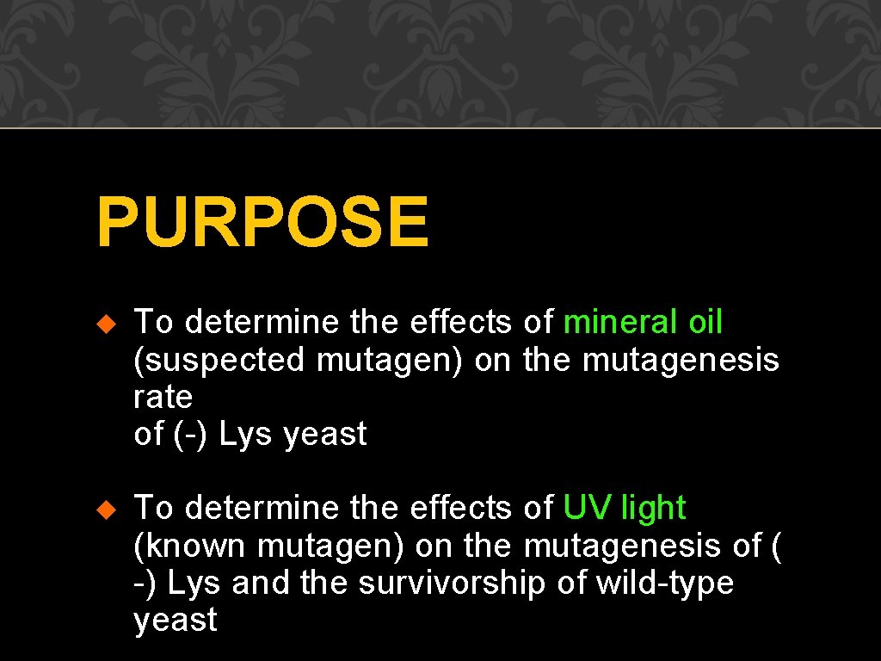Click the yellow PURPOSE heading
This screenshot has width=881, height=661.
click(262, 222)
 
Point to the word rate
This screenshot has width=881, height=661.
click(163, 398)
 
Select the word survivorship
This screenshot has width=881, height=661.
click(453, 584)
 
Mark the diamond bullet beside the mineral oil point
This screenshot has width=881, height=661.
click(106, 324)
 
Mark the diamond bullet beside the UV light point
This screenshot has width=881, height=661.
click(106, 510)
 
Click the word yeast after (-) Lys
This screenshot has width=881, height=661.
click(325, 435)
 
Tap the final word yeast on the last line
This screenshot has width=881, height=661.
click(176, 621)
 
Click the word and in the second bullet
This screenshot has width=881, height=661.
click(261, 584)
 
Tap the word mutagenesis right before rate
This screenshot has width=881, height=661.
click(681, 360)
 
